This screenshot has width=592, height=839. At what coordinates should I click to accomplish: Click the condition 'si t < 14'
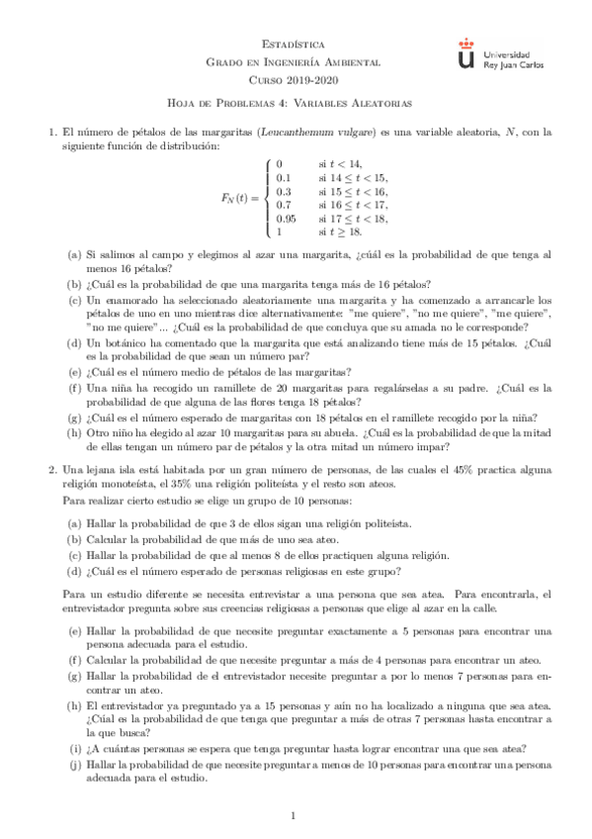(340, 163)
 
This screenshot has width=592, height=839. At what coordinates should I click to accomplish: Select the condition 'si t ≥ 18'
(340, 232)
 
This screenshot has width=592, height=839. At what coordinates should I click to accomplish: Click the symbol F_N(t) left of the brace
(237, 198)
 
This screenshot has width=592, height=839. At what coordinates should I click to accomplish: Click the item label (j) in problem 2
(74, 766)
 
